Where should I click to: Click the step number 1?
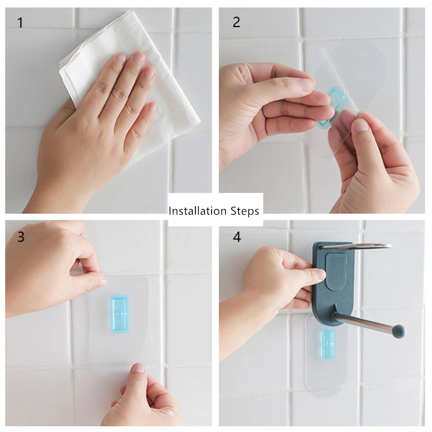(x=20, y=23)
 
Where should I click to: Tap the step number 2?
(x=237, y=22)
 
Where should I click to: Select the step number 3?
(x=21, y=237)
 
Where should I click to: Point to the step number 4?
(x=237, y=237)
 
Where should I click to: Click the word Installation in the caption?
(x=198, y=211)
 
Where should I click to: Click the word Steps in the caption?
(x=245, y=211)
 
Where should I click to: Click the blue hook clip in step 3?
(x=119, y=314)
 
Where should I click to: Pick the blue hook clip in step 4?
(x=328, y=345)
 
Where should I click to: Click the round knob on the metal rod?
(x=399, y=331)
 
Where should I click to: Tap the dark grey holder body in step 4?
(x=333, y=284)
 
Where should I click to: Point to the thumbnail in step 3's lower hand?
(x=138, y=368)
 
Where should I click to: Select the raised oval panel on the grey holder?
(x=336, y=272)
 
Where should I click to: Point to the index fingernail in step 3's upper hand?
(x=102, y=282)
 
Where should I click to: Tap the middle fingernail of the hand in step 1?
(x=139, y=58)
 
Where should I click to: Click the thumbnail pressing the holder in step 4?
(x=320, y=274)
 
